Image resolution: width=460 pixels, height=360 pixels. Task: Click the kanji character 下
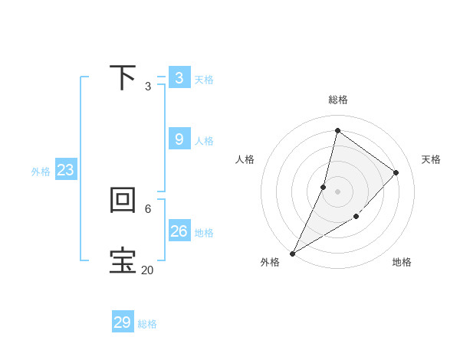point(123,77)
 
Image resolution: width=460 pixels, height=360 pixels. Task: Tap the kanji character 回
point(123,200)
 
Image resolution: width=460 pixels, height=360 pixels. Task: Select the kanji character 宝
point(123,261)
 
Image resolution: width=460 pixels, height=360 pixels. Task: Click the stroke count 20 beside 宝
point(147,270)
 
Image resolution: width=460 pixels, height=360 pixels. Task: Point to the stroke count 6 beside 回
point(148,208)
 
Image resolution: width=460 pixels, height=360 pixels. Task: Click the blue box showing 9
point(179,139)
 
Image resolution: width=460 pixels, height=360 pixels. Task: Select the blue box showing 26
point(179,231)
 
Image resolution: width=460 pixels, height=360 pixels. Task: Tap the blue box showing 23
point(65,170)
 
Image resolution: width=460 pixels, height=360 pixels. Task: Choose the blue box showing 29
point(123,322)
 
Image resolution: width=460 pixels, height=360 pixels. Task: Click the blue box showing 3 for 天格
point(179,78)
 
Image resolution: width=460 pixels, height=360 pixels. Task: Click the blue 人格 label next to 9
point(204,141)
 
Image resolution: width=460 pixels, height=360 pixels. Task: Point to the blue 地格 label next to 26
point(204,233)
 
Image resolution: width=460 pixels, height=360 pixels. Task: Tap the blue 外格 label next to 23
point(41,172)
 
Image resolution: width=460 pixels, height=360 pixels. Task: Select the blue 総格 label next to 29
point(147,324)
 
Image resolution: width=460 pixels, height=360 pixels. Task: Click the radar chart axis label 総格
point(338,100)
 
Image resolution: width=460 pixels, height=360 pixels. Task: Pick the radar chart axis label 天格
point(431,159)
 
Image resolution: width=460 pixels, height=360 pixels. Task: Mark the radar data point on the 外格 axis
point(292,253)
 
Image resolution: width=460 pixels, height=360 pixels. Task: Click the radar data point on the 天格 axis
point(396,172)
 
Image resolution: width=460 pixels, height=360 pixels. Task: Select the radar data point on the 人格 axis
point(324,187)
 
